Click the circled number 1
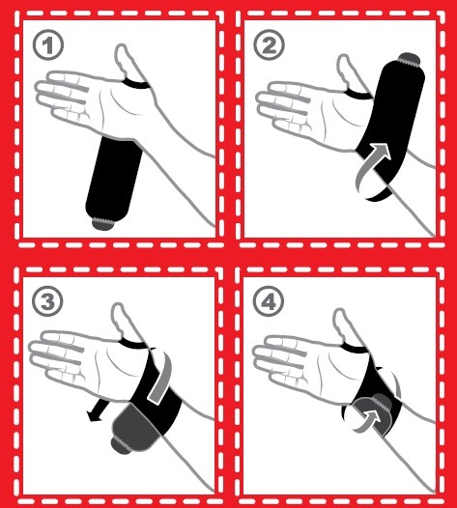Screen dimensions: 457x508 tap(48, 45)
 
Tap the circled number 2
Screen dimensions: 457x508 tap(269, 45)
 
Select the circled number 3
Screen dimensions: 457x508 tap(47, 301)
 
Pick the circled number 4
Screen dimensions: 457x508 tap(268, 302)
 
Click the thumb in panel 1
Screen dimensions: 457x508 tap(125, 61)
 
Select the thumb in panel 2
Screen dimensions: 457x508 tap(346, 71)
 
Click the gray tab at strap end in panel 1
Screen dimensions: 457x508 tap(103, 223)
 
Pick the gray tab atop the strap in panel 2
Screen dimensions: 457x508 tap(410, 59)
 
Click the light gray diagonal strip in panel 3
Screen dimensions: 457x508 tap(159, 378)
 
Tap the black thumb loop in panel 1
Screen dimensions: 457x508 tap(136, 84)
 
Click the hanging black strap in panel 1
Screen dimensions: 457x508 tap(114, 179)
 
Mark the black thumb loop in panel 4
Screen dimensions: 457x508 tap(355, 349)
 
